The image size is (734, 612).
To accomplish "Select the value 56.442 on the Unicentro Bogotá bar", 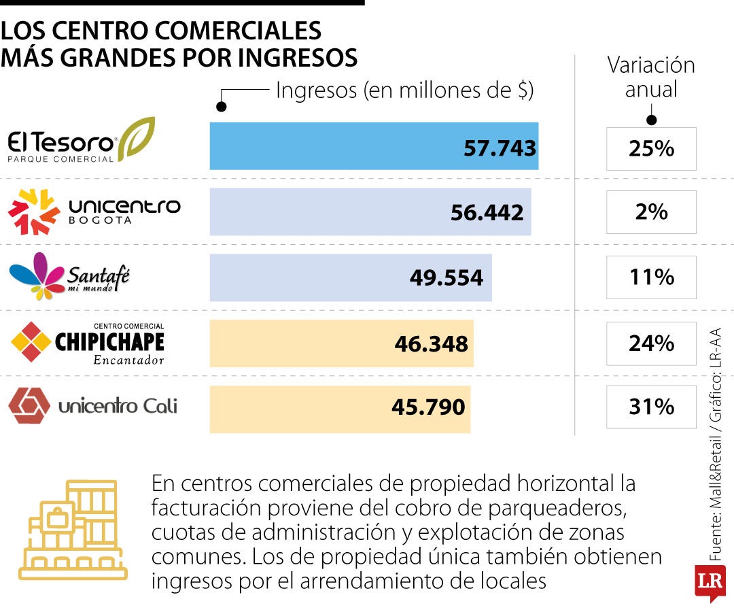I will (487, 213).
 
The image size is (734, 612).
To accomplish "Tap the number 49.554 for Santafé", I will (447, 277).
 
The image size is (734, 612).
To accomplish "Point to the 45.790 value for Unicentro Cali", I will (428, 407).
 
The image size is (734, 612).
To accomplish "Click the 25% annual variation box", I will (651, 149).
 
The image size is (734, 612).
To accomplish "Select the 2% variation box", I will (651, 213).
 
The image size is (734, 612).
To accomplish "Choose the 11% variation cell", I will (651, 277).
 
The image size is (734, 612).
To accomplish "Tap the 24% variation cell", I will (651, 343).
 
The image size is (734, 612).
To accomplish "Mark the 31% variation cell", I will (651, 407).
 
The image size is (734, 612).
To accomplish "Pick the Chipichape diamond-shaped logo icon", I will (31, 341).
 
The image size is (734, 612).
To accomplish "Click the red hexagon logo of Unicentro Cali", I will (29, 406).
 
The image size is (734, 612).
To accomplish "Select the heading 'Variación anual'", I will (651, 78).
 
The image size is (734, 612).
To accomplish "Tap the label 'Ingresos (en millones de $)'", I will (404, 90).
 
